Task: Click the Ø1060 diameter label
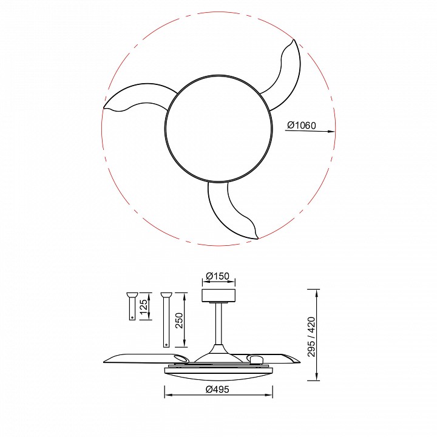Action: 303,125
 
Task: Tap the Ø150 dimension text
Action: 217,277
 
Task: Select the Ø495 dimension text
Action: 217,389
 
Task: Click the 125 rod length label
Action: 143,308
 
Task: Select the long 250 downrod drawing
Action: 165,319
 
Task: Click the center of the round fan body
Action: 218,129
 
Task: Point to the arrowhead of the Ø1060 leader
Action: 332,131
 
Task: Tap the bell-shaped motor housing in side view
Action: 217,351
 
